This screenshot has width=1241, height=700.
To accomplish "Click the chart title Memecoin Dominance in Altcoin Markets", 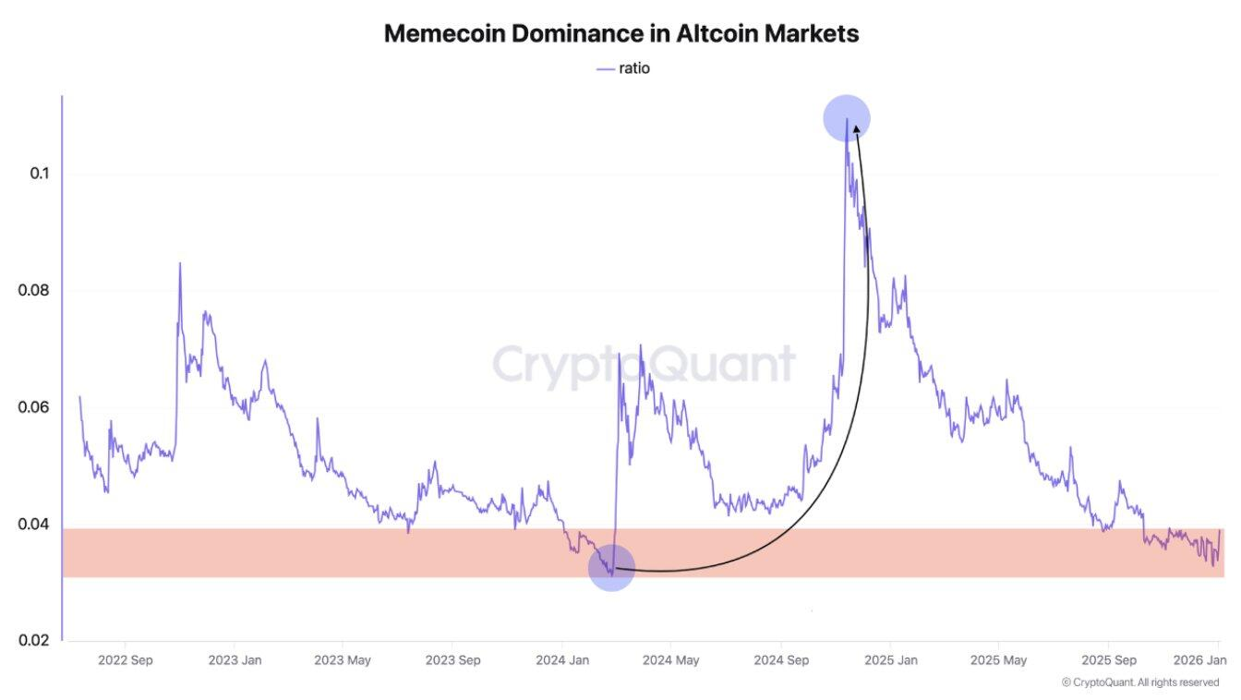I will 620,34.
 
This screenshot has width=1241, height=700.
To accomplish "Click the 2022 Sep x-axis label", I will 125,660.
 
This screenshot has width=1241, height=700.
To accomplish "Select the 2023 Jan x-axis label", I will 235,660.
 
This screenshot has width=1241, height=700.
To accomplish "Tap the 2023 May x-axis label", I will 343,660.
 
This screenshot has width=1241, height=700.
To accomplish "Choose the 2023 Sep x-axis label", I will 452,660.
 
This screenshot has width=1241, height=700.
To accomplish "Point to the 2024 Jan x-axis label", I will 562,660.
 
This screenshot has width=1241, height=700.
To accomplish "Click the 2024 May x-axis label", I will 671,660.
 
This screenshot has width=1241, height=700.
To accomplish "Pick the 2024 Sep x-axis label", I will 781,660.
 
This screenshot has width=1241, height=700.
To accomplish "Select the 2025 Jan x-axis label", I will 890,660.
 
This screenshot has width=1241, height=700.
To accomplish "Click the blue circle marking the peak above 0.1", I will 847,119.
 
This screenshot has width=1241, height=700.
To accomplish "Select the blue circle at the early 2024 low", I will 611,567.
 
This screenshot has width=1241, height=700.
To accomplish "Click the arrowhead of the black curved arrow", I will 856,130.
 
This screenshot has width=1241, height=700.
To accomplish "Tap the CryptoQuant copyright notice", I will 1140,682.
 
